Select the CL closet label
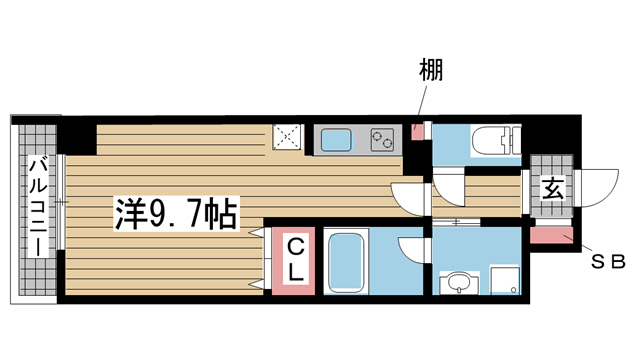coord(297,257)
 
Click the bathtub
coord(346,261)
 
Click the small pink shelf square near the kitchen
coord(417,129)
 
